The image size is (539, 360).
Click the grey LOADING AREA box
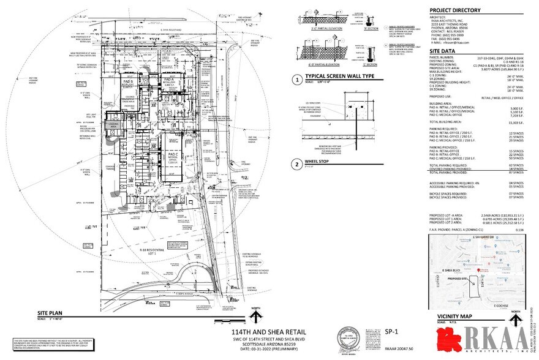tap(113, 126)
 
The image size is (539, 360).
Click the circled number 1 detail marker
tap(296, 79)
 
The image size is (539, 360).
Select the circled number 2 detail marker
tap(296, 163)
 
